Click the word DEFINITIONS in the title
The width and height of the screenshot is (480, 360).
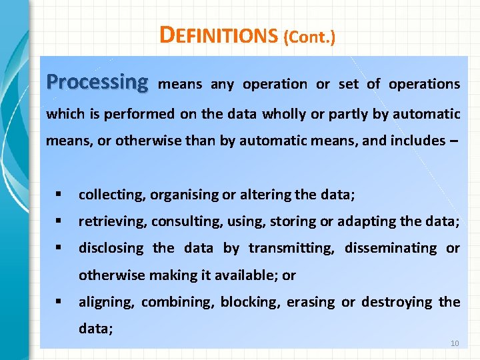click(218, 35)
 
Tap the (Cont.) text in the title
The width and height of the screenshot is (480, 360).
click(309, 37)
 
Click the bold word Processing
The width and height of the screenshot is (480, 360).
click(97, 83)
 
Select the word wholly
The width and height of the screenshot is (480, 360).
click(284, 113)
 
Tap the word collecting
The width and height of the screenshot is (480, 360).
click(110, 195)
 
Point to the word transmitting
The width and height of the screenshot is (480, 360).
click(292, 248)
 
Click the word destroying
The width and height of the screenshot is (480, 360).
click(397, 302)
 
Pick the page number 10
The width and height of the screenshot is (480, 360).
click(455, 343)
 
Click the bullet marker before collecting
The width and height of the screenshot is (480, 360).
click(59, 195)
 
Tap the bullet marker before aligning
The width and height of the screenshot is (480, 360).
click(59, 302)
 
